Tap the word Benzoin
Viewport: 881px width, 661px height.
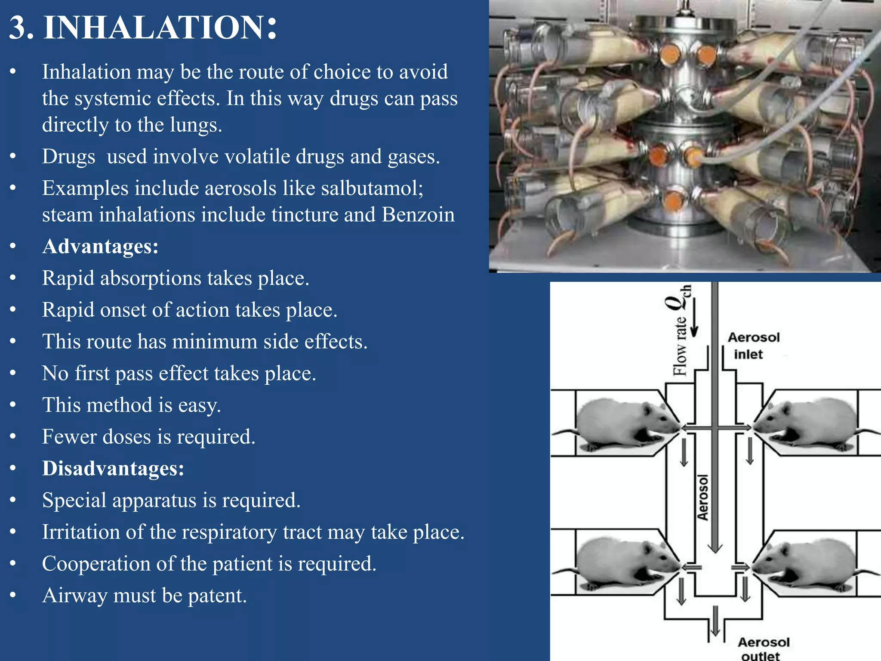tap(418, 215)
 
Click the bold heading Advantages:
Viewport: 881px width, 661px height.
tap(100, 247)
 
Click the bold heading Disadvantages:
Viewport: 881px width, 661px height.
tap(113, 468)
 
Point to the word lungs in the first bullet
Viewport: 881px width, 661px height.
tap(196, 125)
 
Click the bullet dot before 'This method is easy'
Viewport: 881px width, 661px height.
tap(13, 405)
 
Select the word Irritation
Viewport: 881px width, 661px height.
tap(80, 532)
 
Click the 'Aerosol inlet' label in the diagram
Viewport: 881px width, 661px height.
tap(753, 346)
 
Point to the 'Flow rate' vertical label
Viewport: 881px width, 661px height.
tap(680, 346)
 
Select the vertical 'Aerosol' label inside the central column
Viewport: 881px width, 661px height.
tap(702, 497)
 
